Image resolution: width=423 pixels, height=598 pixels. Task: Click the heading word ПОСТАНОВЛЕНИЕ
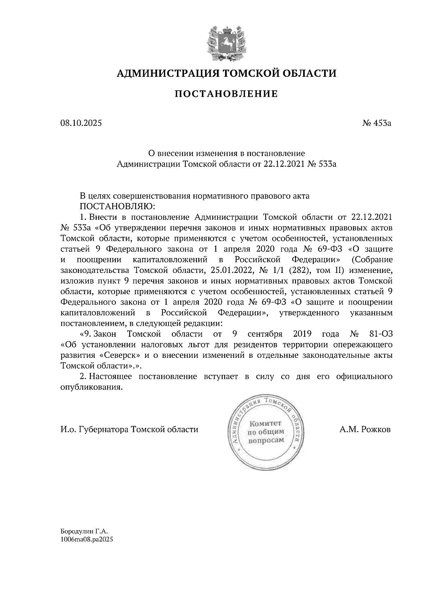click(x=226, y=94)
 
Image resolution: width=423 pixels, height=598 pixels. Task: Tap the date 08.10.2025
click(x=80, y=123)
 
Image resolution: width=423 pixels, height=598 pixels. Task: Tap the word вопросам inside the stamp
click(x=266, y=441)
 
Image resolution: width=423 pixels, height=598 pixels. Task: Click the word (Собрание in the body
click(x=372, y=260)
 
